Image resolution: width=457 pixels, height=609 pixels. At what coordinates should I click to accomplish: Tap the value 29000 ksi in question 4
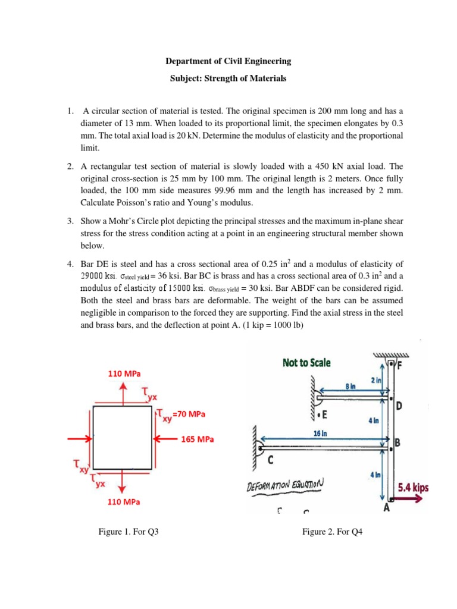pos(98,277)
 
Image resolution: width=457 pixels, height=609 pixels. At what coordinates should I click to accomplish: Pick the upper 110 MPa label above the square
pos(124,373)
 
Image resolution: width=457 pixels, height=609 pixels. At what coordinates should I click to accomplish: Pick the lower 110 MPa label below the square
pos(124,502)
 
